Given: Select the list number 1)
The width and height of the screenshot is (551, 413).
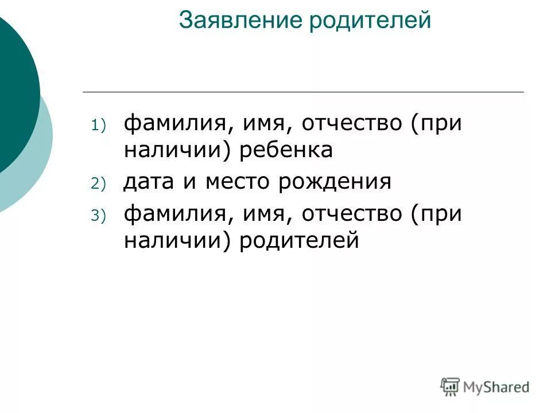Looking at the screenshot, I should [x=98, y=126].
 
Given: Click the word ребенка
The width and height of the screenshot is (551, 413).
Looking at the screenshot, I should [x=286, y=150].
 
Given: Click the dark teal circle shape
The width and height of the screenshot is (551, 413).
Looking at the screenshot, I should [x=14, y=92].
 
